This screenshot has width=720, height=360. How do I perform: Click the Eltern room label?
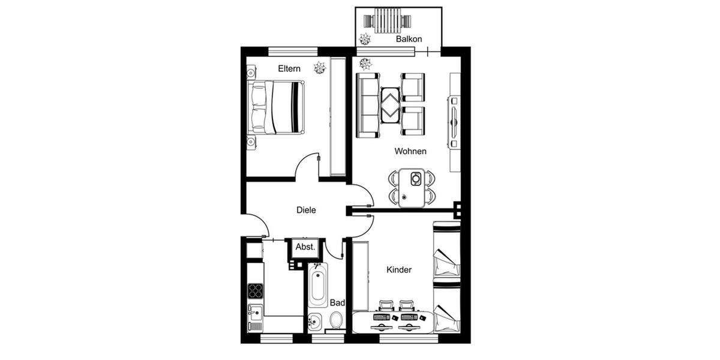(289, 69)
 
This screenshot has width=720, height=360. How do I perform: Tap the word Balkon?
(409, 39)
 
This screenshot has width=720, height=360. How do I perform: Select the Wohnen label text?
(410, 151)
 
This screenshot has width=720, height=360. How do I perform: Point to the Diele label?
(306, 210)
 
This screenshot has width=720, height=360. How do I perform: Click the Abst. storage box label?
(305, 247)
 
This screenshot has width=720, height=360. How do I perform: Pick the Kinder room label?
(399, 270)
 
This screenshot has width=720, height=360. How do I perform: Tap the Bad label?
(337, 303)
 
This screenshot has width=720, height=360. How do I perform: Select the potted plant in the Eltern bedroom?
(319, 68)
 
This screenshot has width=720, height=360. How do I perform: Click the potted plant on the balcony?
(364, 40)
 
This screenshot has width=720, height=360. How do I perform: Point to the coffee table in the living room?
(391, 104)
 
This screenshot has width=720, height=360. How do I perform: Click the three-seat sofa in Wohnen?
(368, 105)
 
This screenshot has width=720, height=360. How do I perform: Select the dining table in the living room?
(412, 187)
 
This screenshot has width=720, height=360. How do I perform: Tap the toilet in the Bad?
(337, 320)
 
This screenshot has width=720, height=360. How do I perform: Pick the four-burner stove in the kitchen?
(255, 291)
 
